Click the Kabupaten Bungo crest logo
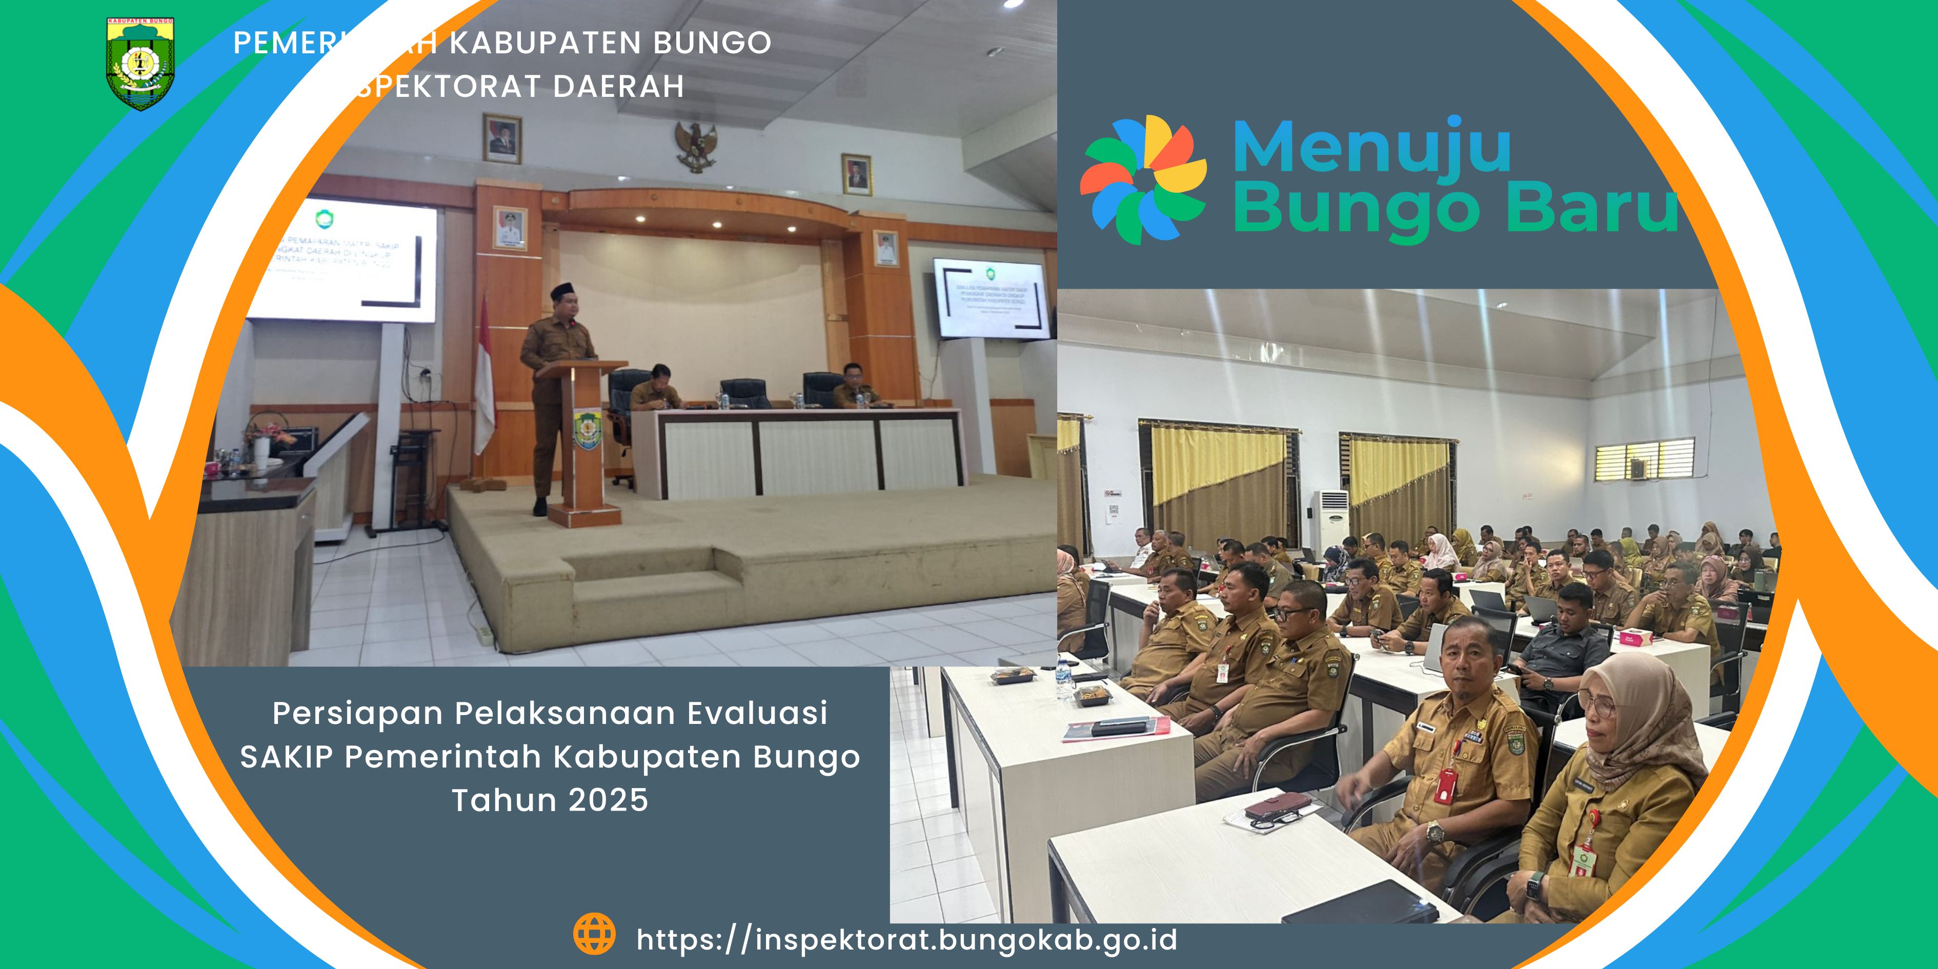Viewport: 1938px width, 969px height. coord(140,65)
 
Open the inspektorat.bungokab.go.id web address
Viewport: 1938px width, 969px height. coord(906,940)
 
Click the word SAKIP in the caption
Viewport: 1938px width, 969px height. coord(286,757)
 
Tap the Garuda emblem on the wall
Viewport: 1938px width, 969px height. coord(695,146)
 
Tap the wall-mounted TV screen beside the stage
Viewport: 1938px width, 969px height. coord(991,299)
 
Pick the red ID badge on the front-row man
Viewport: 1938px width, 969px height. coord(1444,784)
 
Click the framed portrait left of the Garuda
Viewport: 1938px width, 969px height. coord(502,139)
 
